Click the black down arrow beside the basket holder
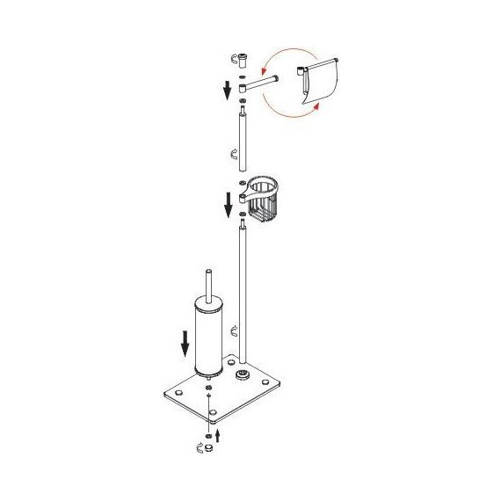tap(228, 204)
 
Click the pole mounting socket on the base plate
tap(241, 376)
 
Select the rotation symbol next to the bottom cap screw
tap(201, 449)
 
